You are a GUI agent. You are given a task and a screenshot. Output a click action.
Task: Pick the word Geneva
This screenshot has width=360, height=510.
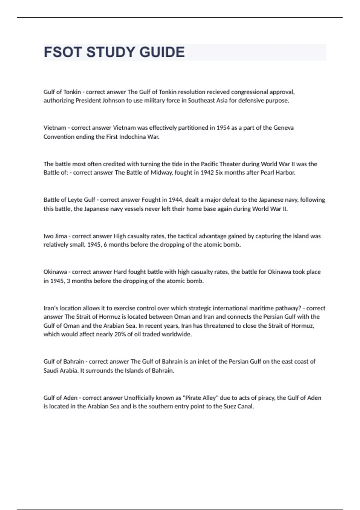pos(283,128)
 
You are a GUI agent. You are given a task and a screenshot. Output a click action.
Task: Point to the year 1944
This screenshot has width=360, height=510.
pos(175,200)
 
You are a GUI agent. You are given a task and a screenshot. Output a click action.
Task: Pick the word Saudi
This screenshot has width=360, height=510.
pos(51,370)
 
